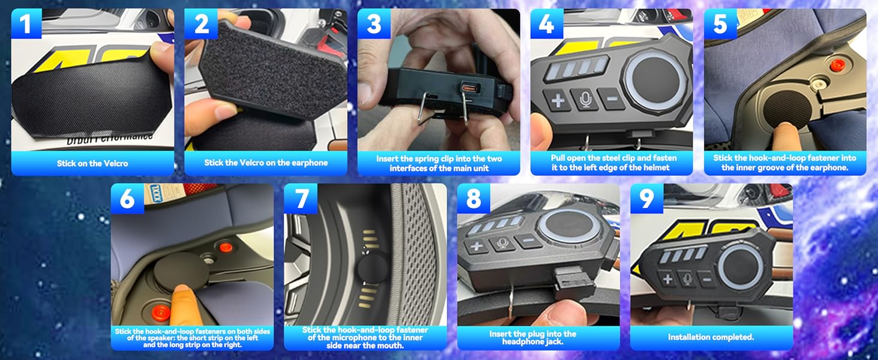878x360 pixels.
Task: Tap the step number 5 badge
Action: pos(720,25)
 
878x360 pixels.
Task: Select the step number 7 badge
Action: pos(300,199)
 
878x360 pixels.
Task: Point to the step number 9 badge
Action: pos(647,199)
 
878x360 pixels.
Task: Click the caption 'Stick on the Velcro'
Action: pos(92,163)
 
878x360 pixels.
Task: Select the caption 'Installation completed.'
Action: pos(711,337)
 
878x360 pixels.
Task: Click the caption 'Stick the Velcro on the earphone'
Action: pos(266,163)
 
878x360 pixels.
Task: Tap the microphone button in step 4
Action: pos(585,99)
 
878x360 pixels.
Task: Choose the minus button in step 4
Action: pos(612,98)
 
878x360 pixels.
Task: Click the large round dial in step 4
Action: pos(657,77)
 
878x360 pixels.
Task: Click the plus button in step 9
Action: pos(667,278)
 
